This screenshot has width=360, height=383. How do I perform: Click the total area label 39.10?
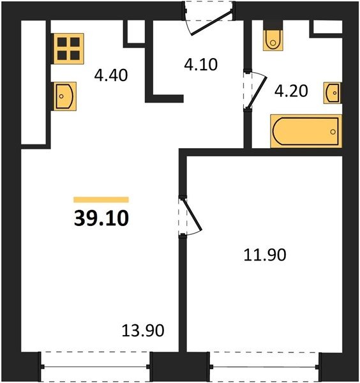click(101, 218)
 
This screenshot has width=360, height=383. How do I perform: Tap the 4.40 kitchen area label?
click(111, 75)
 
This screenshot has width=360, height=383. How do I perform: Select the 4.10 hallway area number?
click(201, 64)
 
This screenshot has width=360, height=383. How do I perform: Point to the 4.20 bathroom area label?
click(291, 91)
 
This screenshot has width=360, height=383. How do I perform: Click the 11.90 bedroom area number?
click(265, 255)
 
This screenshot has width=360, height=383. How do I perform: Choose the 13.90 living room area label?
click(143, 331)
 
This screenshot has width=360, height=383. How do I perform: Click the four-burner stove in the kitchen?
click(69, 49)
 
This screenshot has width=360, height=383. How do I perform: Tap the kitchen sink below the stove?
click(64, 96)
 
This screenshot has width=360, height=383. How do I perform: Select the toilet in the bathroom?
click(273, 40)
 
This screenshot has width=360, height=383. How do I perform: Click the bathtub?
click(306, 131)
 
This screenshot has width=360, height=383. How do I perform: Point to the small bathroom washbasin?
click(333, 93)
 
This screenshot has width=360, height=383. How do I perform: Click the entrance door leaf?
click(211, 23)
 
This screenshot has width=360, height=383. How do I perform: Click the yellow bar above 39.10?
click(101, 200)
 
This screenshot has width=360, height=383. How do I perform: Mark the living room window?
click(95, 366)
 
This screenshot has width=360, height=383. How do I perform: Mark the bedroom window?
click(265, 366)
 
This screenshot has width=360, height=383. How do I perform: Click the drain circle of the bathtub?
click(333, 132)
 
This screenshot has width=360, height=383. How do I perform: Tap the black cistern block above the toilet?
click(273, 25)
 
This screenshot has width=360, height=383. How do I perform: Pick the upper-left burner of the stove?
click(62, 42)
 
